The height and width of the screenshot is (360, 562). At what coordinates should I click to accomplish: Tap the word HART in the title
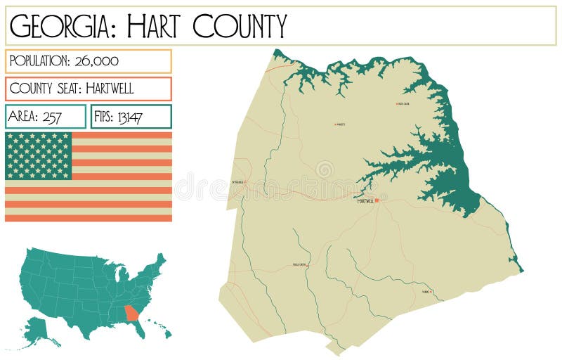[157, 26]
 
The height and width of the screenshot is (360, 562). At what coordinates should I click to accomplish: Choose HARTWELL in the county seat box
[105, 89]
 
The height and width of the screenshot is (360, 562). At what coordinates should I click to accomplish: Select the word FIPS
[105, 117]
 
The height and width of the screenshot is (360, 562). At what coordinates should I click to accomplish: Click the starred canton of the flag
[39, 155]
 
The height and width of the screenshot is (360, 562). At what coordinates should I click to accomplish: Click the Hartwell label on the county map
[365, 201]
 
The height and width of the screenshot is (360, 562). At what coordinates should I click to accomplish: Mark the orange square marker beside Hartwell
[377, 200]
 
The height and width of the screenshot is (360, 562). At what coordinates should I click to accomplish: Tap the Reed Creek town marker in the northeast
[398, 104]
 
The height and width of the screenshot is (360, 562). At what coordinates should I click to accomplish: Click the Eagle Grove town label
[299, 264]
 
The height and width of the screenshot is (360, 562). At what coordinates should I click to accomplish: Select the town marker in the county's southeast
[431, 291]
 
